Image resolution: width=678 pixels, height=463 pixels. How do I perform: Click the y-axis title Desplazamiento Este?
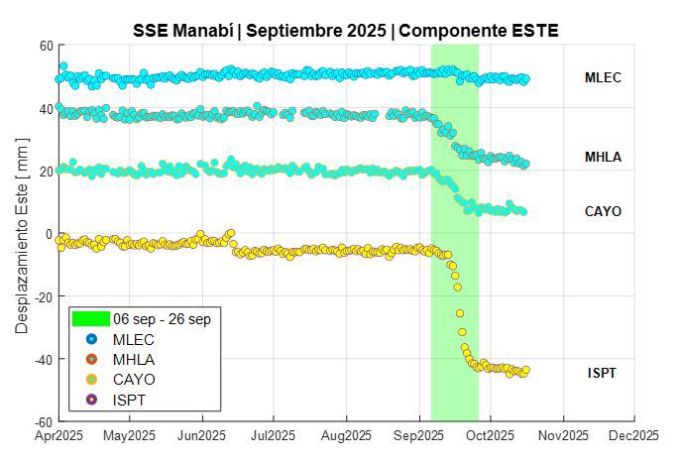(22, 234)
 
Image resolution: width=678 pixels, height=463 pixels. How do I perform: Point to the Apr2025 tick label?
(58, 435)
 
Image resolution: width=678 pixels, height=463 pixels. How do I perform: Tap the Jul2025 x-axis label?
(273, 435)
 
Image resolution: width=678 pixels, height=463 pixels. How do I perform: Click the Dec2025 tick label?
(634, 435)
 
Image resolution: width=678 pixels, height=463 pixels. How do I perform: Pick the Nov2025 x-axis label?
(562, 435)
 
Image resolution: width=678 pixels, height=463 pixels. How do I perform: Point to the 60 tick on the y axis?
(46, 46)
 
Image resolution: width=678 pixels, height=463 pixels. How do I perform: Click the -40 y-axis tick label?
(42, 359)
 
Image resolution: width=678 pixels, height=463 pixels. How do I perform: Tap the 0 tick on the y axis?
(49, 234)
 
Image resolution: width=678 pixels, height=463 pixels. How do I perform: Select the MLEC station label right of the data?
(603, 77)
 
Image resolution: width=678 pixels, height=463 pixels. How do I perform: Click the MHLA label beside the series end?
(603, 157)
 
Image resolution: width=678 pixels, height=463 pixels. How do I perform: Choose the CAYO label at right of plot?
(603, 211)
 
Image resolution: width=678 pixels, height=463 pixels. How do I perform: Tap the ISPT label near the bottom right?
(602, 373)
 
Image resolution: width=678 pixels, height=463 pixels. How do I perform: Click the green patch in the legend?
(91, 319)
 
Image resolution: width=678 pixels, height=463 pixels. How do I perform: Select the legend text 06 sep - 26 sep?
(162, 319)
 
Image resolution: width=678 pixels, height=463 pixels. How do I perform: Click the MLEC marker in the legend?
(91, 339)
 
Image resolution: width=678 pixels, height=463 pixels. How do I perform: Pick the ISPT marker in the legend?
(91, 399)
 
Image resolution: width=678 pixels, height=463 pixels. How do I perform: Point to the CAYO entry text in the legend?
(134, 379)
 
